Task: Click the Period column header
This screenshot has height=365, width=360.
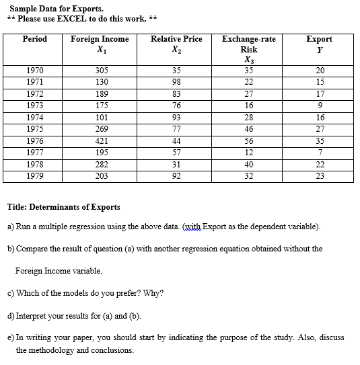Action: tap(35, 39)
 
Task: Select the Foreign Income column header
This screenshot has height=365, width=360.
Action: tap(100, 39)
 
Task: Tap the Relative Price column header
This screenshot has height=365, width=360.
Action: tap(176, 39)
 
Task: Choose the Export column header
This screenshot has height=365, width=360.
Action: tap(319, 39)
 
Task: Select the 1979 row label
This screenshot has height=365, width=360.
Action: tap(35, 177)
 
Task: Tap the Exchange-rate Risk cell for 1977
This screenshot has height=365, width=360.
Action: tap(249, 153)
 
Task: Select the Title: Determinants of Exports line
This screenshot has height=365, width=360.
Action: tap(63, 206)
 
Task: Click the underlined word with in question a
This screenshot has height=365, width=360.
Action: tap(192, 227)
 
